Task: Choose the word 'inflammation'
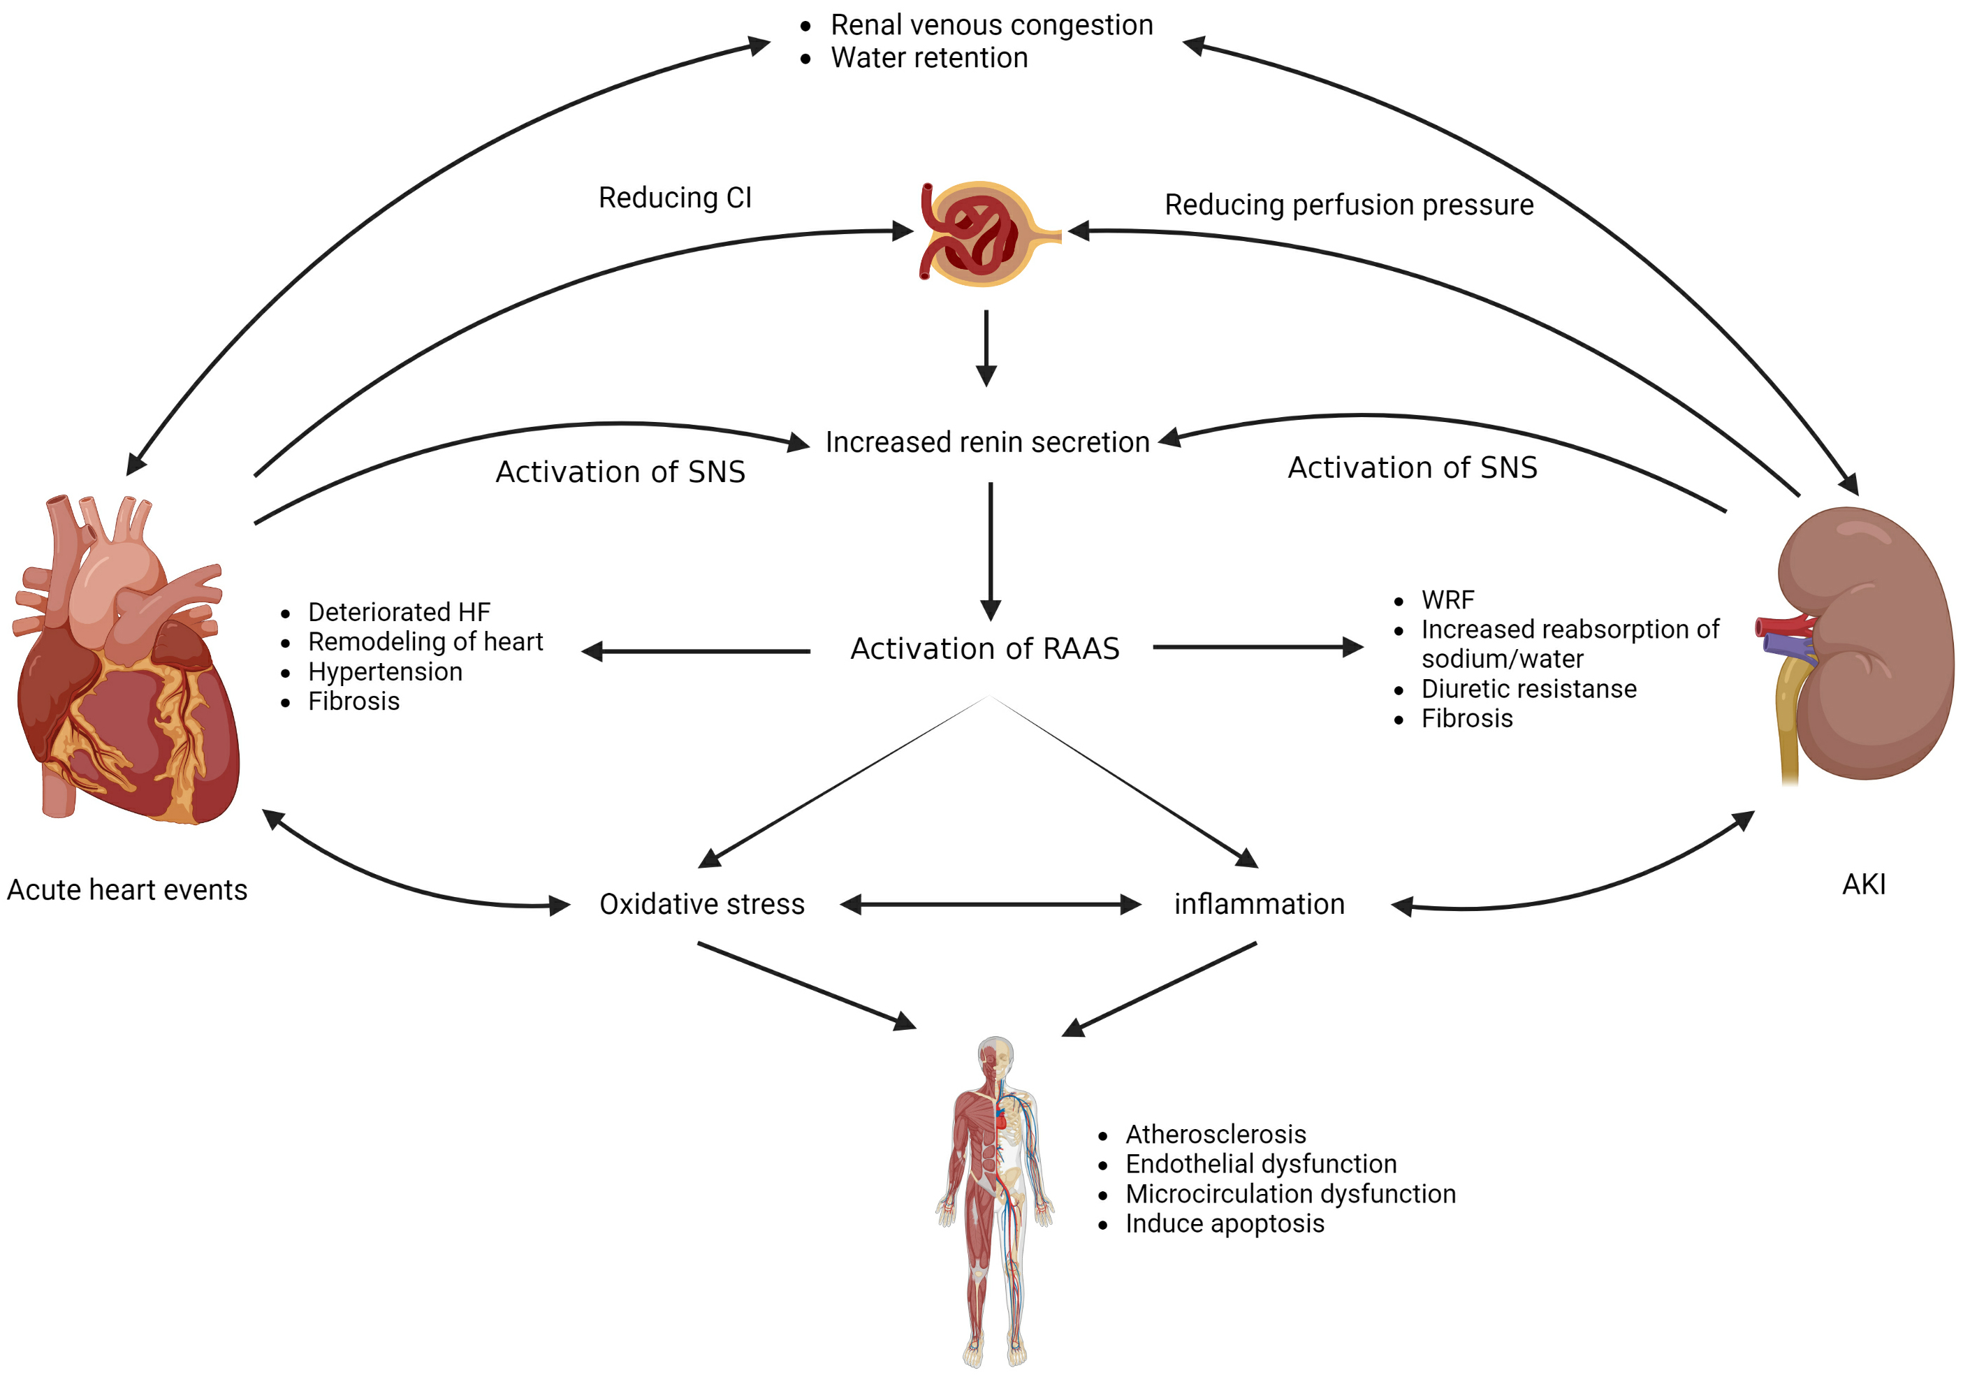pyautogui.click(x=1259, y=904)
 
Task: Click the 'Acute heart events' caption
pyautogui.click(x=127, y=889)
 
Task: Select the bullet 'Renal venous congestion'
pyautogui.click(x=991, y=25)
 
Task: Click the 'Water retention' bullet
pyautogui.click(x=928, y=57)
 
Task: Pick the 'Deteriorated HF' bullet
pyautogui.click(x=399, y=612)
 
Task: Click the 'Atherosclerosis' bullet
pyautogui.click(x=1215, y=1134)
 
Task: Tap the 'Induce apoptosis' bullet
pyautogui.click(x=1225, y=1223)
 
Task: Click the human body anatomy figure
pyautogui.click(x=995, y=1202)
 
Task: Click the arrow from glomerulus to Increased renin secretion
pyautogui.click(x=986, y=348)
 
